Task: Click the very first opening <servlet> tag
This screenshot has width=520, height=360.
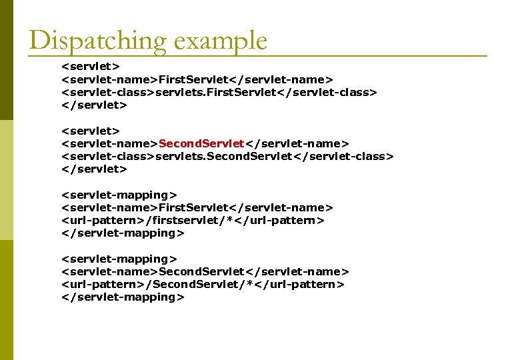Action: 91,67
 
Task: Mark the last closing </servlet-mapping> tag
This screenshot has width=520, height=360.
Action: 123,297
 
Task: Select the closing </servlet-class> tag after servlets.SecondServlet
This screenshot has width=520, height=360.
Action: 344,157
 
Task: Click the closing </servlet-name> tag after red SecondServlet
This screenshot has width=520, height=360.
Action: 297,144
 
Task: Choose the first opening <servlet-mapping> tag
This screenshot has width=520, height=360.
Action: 119,195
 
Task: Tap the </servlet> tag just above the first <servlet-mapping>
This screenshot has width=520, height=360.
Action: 94,169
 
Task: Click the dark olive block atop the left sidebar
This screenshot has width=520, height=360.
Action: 6,60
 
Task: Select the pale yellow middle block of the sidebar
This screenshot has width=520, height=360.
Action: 6,180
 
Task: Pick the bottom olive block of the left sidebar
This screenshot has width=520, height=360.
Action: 6,300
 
